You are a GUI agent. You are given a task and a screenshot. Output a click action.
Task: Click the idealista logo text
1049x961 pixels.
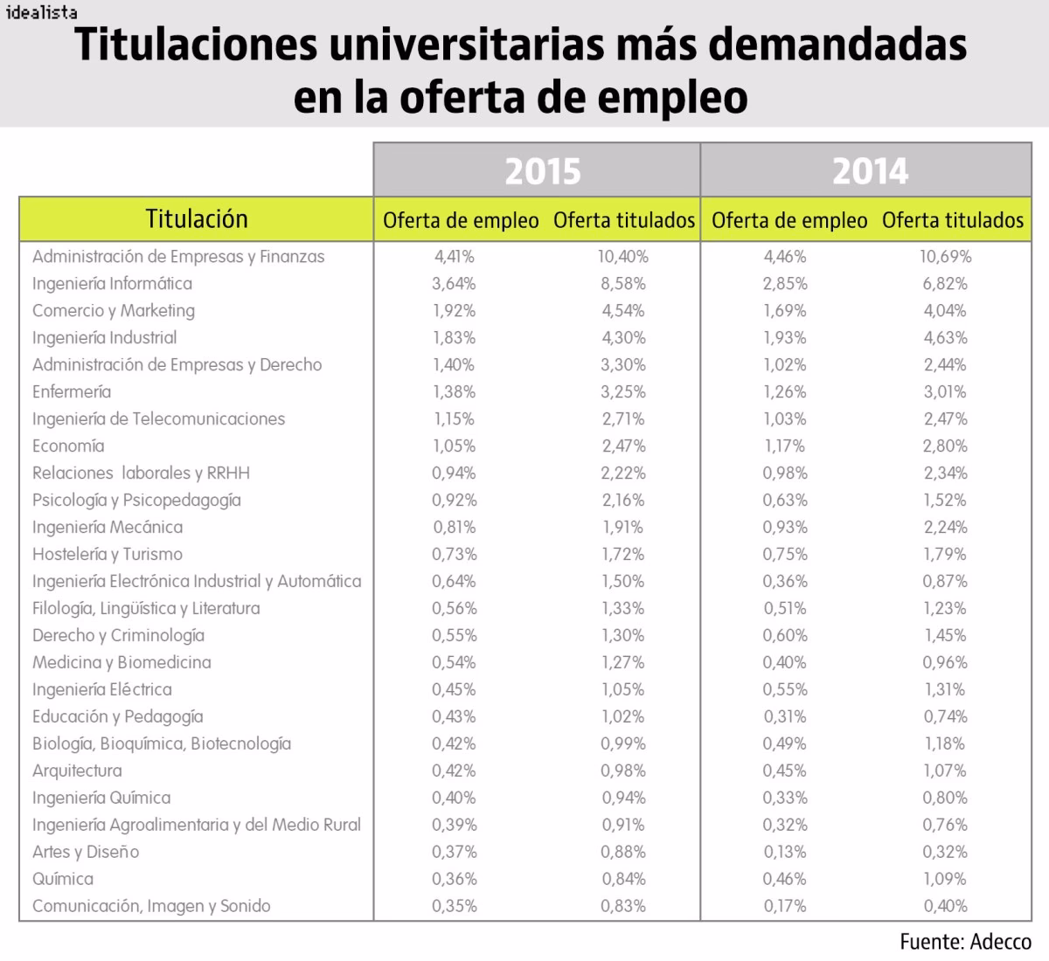(x=41, y=12)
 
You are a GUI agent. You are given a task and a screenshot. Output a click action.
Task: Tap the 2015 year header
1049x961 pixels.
(x=542, y=171)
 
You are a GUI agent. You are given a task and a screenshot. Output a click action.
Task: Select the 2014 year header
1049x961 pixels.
(x=870, y=171)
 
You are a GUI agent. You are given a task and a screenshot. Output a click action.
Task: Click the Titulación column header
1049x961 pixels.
(x=197, y=219)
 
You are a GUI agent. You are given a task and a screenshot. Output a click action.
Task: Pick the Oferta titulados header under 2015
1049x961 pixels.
(x=624, y=221)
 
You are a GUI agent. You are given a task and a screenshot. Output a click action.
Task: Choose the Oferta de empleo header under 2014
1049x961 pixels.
(x=789, y=221)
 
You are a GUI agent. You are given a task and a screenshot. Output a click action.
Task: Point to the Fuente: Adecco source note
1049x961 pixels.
(x=965, y=942)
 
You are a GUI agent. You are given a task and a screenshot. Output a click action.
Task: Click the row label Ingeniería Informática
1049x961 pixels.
(x=112, y=284)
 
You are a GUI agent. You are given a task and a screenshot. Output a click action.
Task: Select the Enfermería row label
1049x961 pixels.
(x=72, y=392)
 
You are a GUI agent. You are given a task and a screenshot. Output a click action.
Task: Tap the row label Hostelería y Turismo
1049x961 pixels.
(x=108, y=555)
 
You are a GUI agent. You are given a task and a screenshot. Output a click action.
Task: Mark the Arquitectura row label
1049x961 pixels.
(x=77, y=771)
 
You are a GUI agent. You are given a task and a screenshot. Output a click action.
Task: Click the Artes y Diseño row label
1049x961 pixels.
(x=86, y=853)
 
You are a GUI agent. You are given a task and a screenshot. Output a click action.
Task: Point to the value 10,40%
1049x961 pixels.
(x=623, y=257)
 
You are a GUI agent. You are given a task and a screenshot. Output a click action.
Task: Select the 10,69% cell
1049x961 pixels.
(x=945, y=257)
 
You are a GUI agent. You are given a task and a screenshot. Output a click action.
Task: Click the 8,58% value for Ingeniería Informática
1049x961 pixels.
(x=623, y=284)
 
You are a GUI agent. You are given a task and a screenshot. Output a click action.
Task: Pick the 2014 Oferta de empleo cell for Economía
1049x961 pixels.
(x=784, y=446)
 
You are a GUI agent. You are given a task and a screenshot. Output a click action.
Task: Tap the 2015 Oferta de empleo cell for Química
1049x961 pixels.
(x=455, y=880)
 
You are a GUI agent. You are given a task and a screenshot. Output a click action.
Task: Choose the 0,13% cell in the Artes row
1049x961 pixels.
(x=784, y=853)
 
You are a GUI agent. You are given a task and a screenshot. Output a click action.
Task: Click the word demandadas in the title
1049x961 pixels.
(x=837, y=45)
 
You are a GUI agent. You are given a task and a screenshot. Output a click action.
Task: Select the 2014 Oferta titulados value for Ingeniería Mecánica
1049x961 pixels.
(x=945, y=528)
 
